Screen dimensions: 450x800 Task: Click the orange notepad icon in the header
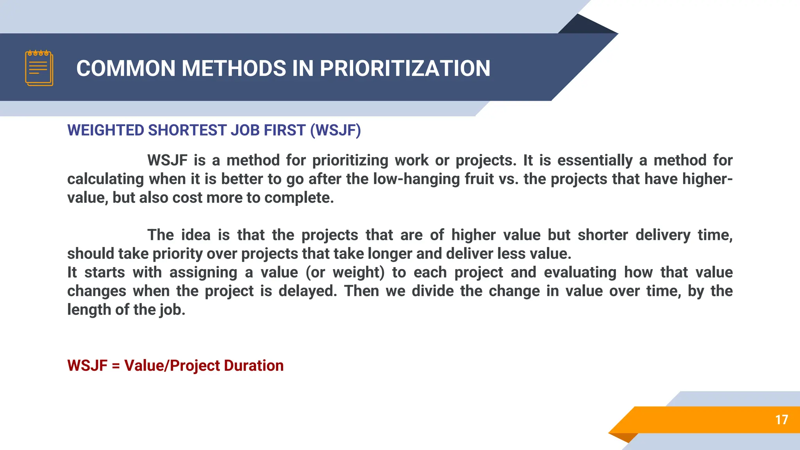point(39,68)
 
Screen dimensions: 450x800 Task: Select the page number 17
point(781,420)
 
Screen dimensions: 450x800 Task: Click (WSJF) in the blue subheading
point(336,130)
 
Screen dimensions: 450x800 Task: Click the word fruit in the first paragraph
point(479,179)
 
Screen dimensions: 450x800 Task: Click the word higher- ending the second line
point(707,179)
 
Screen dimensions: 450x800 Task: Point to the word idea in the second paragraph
point(196,235)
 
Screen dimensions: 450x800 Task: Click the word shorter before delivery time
point(603,235)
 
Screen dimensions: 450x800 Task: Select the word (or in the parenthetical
point(315,272)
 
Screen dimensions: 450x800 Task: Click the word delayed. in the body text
point(307,291)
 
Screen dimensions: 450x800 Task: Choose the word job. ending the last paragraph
point(172,310)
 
